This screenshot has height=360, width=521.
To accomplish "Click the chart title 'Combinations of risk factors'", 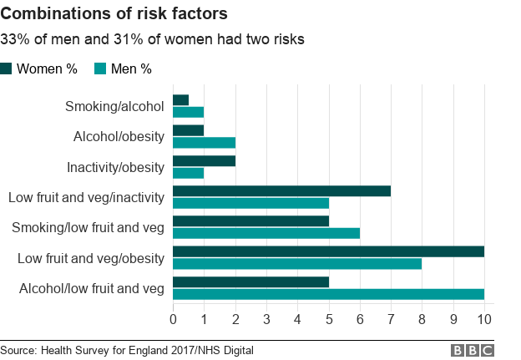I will (114, 15).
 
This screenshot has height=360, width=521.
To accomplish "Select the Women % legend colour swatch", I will (7, 68).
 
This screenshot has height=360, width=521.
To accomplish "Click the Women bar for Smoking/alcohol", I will (180, 100).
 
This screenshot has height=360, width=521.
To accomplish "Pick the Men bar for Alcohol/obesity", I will (204, 142).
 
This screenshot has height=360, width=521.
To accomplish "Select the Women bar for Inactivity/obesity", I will (204, 160).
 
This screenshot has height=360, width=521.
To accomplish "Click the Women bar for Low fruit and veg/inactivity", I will (281, 190).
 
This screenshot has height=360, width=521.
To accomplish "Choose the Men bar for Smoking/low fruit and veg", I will (266, 233).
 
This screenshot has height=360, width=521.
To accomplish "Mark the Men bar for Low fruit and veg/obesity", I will (297, 263).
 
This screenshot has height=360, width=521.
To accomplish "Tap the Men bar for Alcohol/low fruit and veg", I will (328, 293).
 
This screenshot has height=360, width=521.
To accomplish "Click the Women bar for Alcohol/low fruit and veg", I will (250, 281).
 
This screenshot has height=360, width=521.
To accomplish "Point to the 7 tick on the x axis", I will (391, 318).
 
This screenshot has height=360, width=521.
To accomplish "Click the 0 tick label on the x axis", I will (173, 318).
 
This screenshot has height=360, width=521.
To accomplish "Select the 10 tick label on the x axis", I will (484, 318).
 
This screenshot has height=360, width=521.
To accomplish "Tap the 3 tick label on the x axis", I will (266, 318).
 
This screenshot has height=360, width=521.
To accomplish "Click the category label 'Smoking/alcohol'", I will (114, 106).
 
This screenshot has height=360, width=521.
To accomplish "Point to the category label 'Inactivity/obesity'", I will (115, 167).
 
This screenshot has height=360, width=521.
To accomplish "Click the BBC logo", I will (473, 350).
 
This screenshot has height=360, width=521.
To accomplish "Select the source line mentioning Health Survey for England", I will (126, 350).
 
